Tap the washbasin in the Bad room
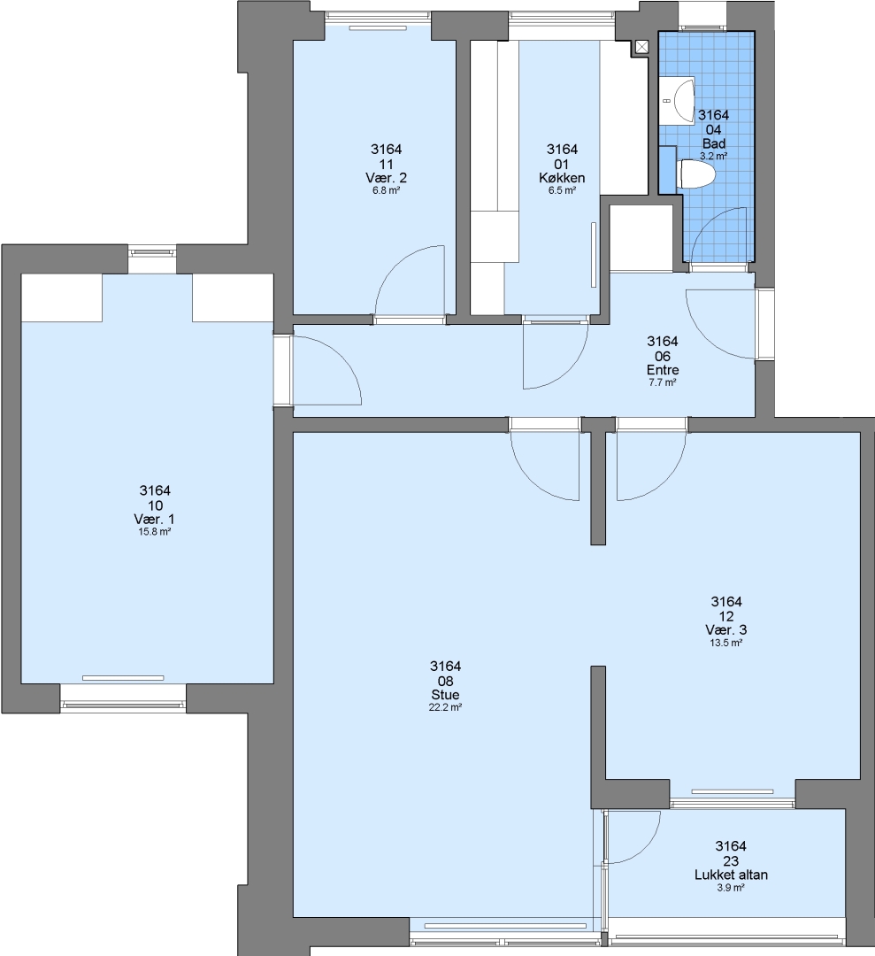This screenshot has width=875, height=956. (x=678, y=101)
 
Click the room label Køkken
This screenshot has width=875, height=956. (x=562, y=178)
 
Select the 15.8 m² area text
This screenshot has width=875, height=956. (x=155, y=532)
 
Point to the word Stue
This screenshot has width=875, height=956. (x=445, y=695)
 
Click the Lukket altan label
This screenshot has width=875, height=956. (x=731, y=875)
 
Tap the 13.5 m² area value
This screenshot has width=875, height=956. (x=726, y=643)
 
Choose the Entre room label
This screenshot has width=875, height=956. (x=663, y=370)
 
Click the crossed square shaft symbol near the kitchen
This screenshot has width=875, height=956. (x=641, y=47)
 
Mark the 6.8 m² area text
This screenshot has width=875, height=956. (x=387, y=190)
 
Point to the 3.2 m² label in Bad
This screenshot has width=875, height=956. (x=713, y=156)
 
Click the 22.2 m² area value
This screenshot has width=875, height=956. (x=445, y=707)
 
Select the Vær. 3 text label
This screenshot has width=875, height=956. (x=726, y=630)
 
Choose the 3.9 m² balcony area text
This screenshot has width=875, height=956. (x=731, y=888)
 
